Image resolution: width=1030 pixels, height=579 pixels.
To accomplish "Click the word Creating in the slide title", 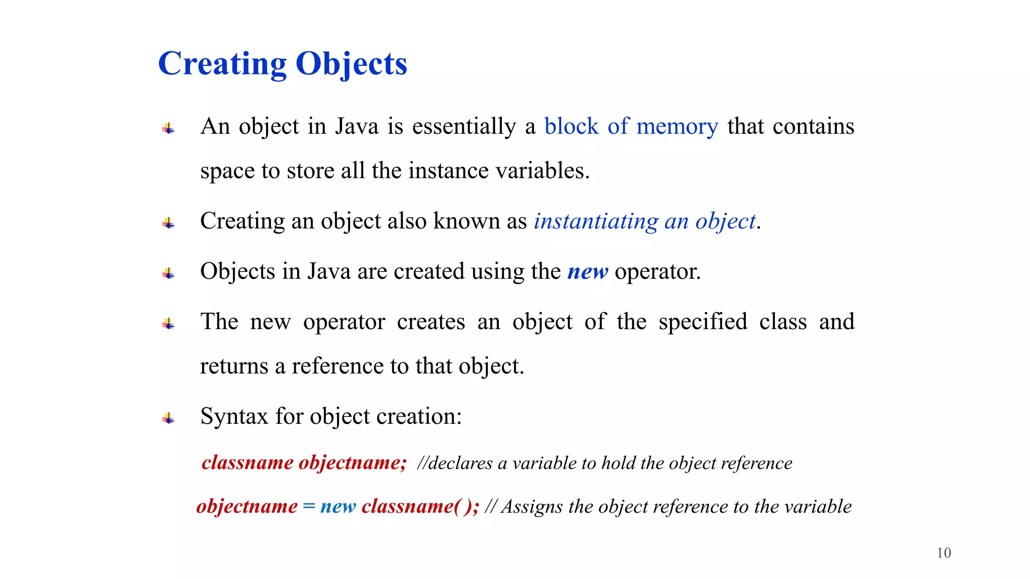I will coord(222,64).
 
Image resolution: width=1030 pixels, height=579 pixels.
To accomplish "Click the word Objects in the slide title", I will coord(351,64).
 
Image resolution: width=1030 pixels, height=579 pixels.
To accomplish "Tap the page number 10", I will coord(943,553).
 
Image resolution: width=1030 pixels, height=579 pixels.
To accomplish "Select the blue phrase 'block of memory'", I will coord(631,126).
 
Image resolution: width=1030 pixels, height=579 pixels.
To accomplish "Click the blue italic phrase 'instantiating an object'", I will coord(644,221).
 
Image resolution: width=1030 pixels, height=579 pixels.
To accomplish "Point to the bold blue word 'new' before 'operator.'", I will coord(587,271).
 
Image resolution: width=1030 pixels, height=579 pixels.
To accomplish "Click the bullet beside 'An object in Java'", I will coord(168,129).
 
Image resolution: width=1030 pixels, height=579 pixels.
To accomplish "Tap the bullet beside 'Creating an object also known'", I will coord(168,223).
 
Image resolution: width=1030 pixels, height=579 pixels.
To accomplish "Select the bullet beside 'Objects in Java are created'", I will coord(168,273).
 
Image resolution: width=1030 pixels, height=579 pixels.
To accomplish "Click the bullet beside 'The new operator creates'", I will coord(168,324).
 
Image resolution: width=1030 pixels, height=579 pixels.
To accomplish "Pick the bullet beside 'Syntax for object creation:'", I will coord(168,418).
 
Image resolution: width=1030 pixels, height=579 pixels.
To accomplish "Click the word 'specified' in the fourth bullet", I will coord(703,322).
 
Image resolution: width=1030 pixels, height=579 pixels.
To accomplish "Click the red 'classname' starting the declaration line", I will coord(247,462).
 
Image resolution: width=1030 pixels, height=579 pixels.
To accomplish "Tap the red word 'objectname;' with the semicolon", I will coord(353,462).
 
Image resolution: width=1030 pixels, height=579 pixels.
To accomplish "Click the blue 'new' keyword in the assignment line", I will coord(338,506).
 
